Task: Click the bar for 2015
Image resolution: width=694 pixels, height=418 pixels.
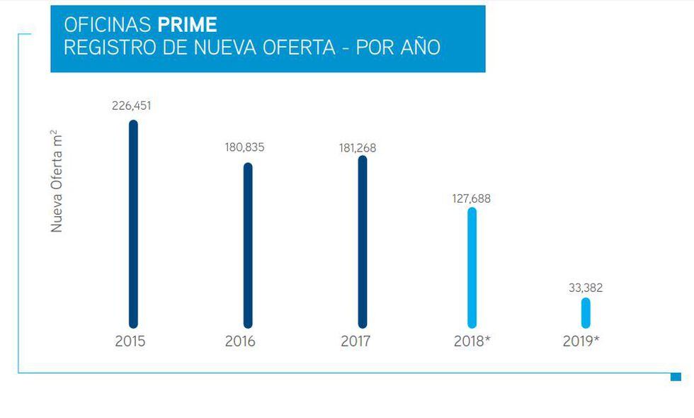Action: (133, 224)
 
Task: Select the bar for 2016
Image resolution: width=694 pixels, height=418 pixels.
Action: (248, 245)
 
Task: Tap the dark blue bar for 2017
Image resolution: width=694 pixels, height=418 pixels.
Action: (363, 242)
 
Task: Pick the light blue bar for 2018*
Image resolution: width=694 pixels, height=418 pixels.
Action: (472, 267)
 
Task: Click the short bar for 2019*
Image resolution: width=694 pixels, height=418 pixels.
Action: (586, 312)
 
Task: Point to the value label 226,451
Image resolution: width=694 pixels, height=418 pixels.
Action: (132, 106)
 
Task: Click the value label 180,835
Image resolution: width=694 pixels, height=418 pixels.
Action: (244, 147)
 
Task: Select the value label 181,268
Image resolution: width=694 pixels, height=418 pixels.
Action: (358, 148)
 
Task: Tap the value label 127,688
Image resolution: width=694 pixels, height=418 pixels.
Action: (471, 199)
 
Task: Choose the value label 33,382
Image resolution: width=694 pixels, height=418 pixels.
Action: (586, 288)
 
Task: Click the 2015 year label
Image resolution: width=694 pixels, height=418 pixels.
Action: (130, 341)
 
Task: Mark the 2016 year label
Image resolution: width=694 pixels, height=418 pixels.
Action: (240, 341)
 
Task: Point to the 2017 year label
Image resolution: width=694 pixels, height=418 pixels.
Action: (355, 341)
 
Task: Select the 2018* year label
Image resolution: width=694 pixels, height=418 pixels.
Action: (472, 341)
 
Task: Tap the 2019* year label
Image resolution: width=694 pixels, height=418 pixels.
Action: (581, 341)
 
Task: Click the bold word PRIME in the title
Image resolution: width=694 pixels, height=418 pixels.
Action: (187, 25)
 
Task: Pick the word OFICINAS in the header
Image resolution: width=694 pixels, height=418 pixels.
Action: (108, 25)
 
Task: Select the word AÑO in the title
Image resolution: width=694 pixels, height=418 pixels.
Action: (418, 47)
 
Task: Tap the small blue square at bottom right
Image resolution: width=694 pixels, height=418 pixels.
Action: (676, 377)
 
